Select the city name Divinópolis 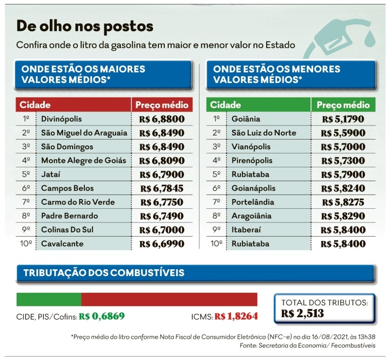pyautogui.click(x=61, y=119)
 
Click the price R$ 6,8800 pyautogui.click(x=162, y=119)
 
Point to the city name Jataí pyautogui.click(x=52, y=174)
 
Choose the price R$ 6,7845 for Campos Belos pyautogui.click(x=162, y=188)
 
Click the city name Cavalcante pyautogui.click(x=62, y=243)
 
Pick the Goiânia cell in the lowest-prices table pyautogui.click(x=246, y=119)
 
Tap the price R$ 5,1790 pyautogui.click(x=343, y=119)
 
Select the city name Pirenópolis pyautogui.click(x=252, y=160)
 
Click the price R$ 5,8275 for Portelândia pyautogui.click(x=343, y=202)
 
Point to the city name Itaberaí pyautogui.click(x=247, y=230)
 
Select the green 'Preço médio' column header pyautogui.click(x=343, y=105)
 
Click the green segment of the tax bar pyautogui.click(x=49, y=300)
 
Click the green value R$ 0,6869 pyautogui.click(x=99, y=317)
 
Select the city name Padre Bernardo pyautogui.click(x=69, y=216)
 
